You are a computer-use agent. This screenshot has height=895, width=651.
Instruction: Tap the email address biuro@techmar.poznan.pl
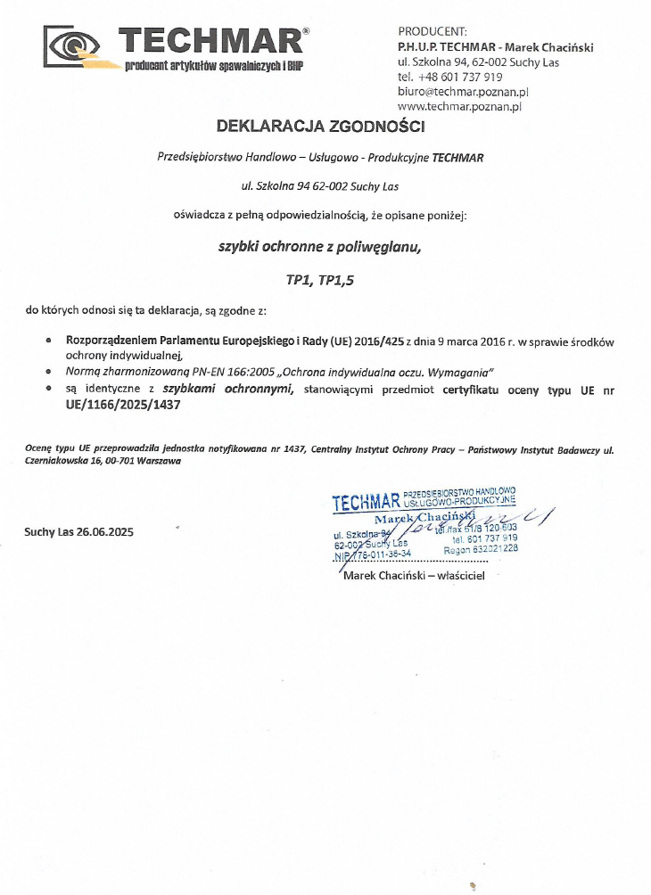click(464, 91)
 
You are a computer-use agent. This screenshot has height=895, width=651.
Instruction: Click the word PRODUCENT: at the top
click(432, 33)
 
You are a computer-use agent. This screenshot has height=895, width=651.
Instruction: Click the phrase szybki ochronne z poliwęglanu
click(319, 247)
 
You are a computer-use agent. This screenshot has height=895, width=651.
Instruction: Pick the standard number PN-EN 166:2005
click(211, 370)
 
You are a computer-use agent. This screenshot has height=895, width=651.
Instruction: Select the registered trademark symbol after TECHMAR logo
click(306, 30)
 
